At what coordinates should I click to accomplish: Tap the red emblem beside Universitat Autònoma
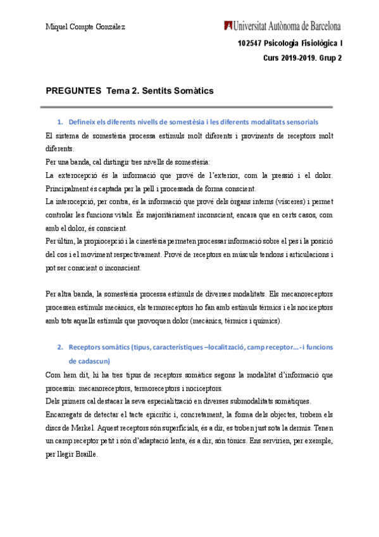pos(227,26)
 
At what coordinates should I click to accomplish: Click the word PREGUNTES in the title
pos(73,91)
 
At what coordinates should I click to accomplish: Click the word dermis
pos(303,414)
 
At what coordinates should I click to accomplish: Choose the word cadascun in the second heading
pos(91,360)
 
